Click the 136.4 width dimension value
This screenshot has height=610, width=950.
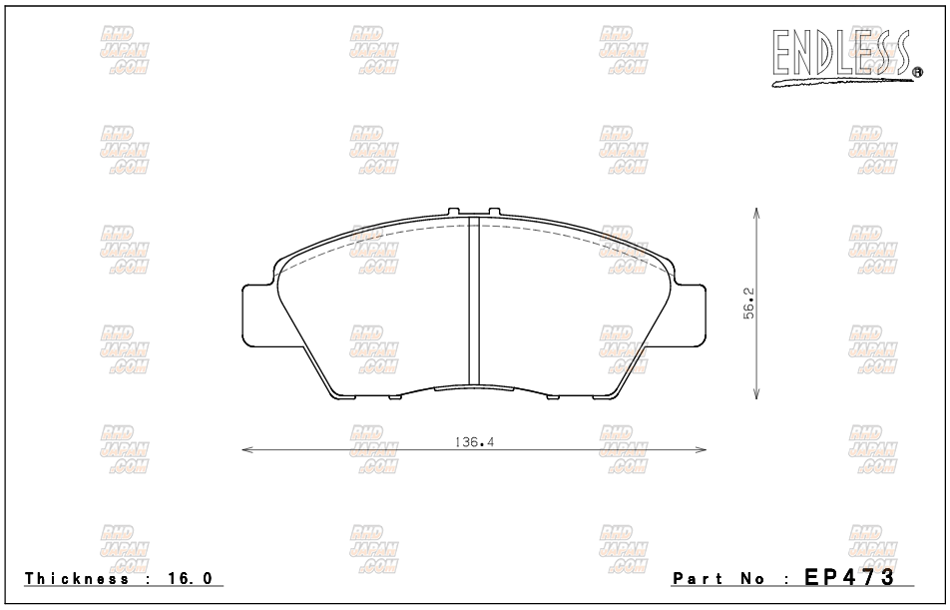474,442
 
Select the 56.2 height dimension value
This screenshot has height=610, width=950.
748,304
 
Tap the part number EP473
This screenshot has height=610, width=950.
849,577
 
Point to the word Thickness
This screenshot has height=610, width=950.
77,578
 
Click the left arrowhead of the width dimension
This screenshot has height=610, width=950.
247,449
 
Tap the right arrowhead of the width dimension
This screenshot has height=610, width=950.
701,449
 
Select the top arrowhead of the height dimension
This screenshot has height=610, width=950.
755,213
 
